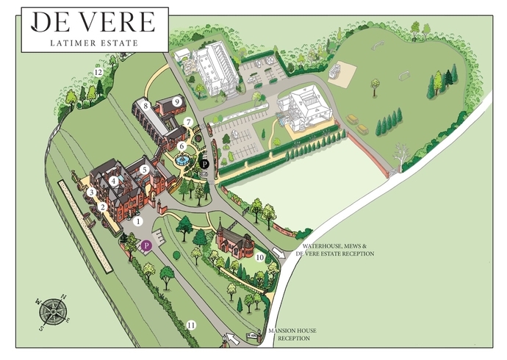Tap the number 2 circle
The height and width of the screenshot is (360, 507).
pyautogui.click(x=104, y=208)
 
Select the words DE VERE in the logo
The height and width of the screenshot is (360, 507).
pyautogui.click(x=94, y=22)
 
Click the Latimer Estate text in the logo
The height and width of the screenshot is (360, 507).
pyautogui.click(x=94, y=43)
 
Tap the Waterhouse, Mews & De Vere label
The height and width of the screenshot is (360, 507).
pyautogui.click(x=334, y=250)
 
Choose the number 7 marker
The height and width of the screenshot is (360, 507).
pyautogui.click(x=188, y=122)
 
